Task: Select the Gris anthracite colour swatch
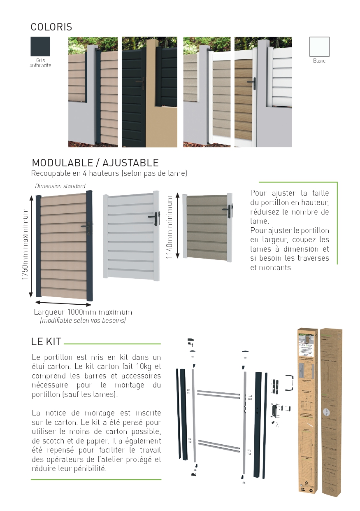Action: click(x=40, y=47)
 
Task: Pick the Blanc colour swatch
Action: click(x=319, y=47)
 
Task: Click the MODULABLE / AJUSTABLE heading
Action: click(x=95, y=163)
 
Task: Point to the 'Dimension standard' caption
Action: click(x=60, y=186)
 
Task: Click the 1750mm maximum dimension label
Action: click(x=26, y=246)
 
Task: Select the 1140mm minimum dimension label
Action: click(x=170, y=227)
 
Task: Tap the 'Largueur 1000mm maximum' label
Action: click(x=83, y=312)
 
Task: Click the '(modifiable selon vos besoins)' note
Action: click(x=83, y=320)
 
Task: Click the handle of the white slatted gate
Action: click(x=156, y=218)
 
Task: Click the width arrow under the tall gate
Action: click(x=63, y=303)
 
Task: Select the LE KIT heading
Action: click(x=46, y=341)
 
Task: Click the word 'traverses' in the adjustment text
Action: click(x=314, y=258)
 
